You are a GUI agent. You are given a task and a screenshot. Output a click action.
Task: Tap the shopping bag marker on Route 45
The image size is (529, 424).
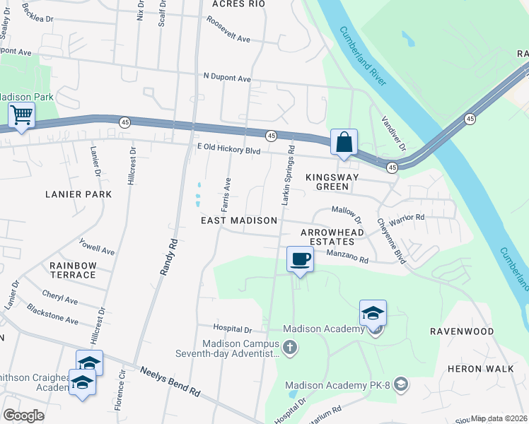(344, 142)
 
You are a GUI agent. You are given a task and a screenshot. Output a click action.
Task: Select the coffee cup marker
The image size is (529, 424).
(300, 259)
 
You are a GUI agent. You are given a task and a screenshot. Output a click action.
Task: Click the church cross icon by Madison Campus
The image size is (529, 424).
(290, 347)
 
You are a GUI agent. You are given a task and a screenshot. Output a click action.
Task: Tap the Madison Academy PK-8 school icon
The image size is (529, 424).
(400, 384)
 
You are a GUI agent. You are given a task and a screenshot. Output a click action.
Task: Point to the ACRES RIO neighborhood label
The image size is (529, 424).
(238, 4)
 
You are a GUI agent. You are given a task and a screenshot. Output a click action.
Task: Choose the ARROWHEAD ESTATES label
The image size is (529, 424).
(332, 237)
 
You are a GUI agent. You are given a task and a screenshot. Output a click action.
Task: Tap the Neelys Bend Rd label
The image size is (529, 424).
(170, 382)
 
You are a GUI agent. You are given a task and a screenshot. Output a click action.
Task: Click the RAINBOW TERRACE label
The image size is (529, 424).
(73, 270)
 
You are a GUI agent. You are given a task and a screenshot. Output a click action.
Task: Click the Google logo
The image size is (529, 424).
(23, 415)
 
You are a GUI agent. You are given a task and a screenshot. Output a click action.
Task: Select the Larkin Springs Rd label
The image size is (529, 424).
(288, 177)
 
